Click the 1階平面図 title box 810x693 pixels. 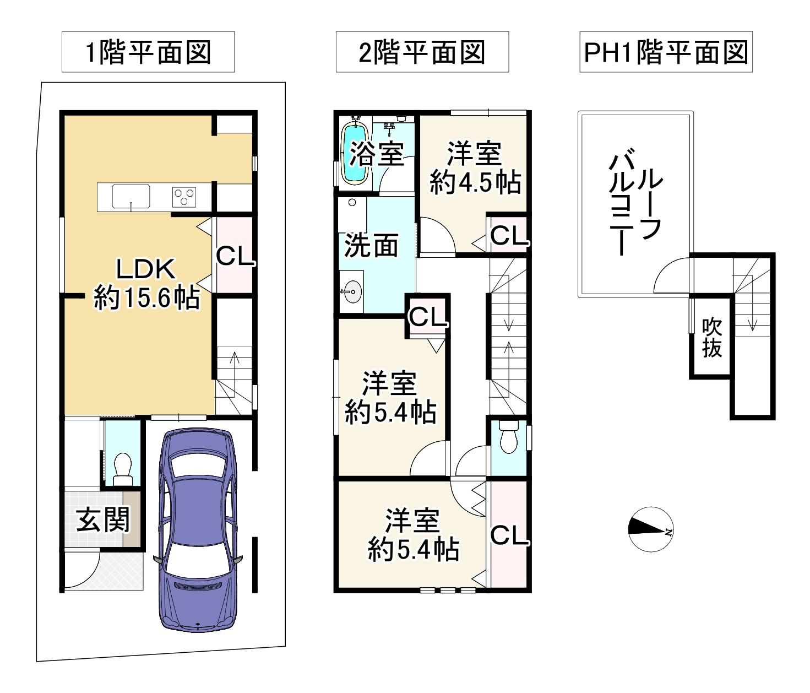(148, 52)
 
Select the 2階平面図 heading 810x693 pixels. (422, 52)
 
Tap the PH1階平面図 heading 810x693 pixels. (666, 52)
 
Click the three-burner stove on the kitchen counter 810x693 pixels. (184, 197)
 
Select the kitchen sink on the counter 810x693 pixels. (131, 197)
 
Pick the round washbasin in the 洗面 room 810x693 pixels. (352, 291)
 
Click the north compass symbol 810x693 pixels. (651, 529)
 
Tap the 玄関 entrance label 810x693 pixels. (102, 519)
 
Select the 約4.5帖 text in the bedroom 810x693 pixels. (475, 182)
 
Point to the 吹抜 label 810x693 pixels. (711, 338)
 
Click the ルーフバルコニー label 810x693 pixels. (635, 202)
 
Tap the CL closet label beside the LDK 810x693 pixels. (235, 256)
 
